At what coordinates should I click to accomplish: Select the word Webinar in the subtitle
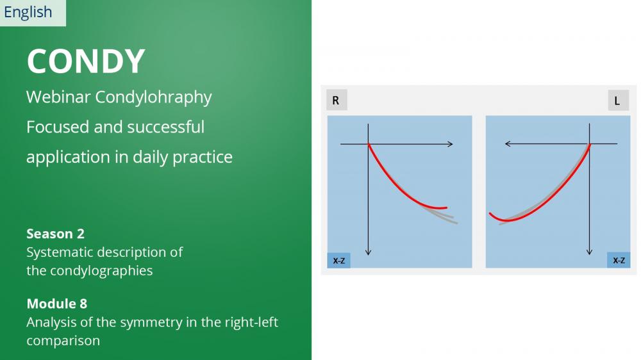[58, 97]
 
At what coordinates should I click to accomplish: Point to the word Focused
[58, 127]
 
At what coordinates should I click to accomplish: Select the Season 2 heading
[56, 234]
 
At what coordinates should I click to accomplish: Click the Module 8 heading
[57, 304]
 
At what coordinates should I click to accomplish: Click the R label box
[337, 100]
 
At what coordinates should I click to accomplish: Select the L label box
[618, 100]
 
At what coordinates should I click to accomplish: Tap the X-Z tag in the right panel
[619, 260]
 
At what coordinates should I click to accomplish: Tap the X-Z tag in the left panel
[338, 260]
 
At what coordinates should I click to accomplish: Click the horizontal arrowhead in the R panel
[451, 144]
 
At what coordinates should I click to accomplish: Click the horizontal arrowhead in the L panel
[508, 144]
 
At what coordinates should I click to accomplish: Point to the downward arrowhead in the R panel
[369, 252]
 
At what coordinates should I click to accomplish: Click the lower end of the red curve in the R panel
[446, 208]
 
